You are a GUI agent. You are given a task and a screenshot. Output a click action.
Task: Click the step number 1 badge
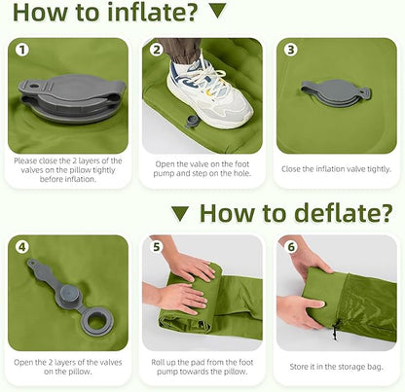coord(22,51)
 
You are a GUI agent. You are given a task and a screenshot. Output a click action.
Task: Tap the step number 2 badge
coord(157,50)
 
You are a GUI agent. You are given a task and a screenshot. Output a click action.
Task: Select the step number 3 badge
coord(291,50)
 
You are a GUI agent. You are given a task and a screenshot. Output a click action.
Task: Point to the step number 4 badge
coord(22,247)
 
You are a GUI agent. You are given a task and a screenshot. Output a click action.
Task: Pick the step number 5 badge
coord(157,247)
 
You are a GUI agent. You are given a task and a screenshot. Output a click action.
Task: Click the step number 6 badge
coord(291,247)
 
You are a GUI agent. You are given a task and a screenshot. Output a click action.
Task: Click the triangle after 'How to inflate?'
coord(218,10)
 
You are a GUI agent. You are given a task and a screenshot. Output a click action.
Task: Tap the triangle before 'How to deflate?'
coord(180,214)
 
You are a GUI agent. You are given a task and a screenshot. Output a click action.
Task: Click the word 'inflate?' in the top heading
coord(152,12)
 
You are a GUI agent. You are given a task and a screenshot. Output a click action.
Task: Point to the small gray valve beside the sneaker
coord(191,122)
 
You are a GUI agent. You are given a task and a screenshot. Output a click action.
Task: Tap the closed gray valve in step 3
coord(336,92)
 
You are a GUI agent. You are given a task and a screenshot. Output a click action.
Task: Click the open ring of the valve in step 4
coord(95,319)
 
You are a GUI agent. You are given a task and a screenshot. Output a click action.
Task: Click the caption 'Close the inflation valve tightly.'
coord(336,169)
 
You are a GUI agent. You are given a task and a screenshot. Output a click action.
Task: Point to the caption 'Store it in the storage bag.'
coord(336,367)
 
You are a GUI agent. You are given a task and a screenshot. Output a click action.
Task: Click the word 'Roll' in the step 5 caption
coord(158,362)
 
